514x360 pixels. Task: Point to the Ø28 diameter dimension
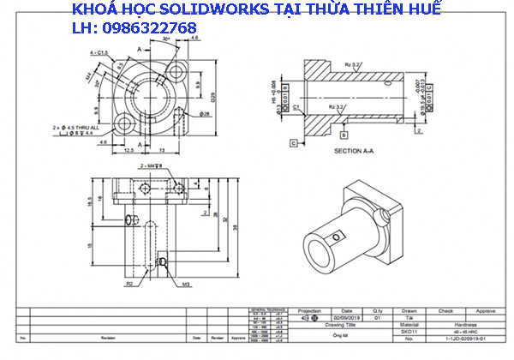point(206,113)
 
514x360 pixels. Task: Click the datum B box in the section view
point(344,135)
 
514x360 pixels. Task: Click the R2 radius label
point(129,282)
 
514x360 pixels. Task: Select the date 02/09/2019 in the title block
point(346,317)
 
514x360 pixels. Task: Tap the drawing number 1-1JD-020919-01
point(464,339)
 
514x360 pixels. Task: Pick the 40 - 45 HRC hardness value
point(464,332)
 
